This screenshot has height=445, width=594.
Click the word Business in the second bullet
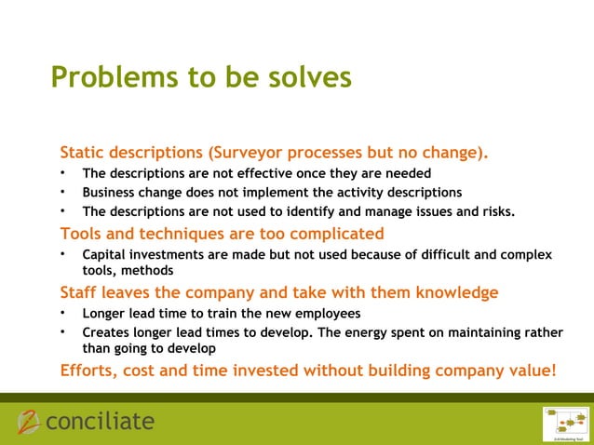[111, 193]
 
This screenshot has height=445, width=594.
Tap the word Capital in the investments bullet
[105, 254]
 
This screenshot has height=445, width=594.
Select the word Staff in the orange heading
[81, 291]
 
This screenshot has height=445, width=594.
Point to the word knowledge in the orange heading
[454, 291]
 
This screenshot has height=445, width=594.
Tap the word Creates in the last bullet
[106, 331]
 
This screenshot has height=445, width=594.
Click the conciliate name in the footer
[100, 422]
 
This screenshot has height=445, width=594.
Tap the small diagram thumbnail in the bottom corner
[566, 423]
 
